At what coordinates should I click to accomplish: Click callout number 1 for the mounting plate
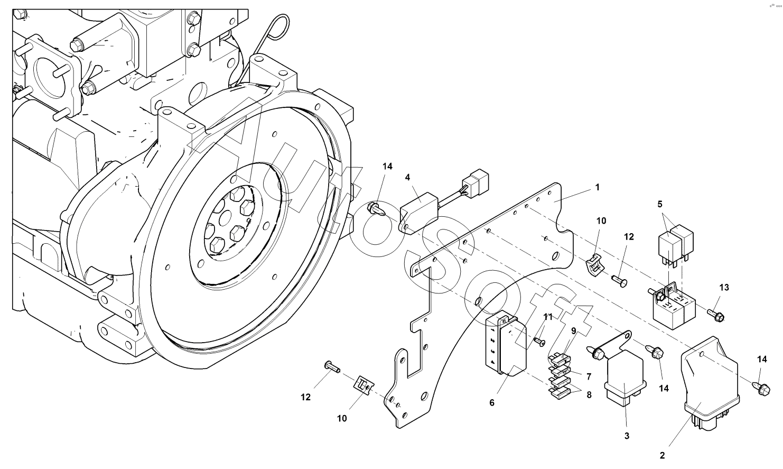[598, 188]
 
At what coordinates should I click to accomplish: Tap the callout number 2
[662, 455]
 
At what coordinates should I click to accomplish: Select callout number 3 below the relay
[627, 436]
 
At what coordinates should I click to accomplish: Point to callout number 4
[407, 177]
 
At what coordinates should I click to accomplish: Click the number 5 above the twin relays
[660, 204]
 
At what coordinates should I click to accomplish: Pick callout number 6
[492, 403]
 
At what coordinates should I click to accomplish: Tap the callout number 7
[589, 376]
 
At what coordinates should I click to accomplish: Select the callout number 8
[589, 395]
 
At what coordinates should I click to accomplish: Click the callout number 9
[574, 331]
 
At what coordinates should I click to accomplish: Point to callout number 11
[548, 317]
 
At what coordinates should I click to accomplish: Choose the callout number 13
[724, 288]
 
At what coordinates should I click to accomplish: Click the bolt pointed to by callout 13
[716, 315]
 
